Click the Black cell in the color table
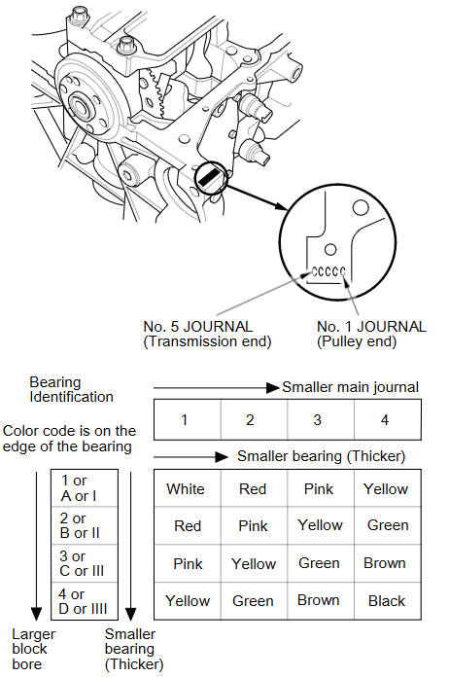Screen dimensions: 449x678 (387, 600)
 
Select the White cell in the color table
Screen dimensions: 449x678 (186, 489)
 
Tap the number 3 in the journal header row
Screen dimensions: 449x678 (317, 420)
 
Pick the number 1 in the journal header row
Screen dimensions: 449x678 (184, 420)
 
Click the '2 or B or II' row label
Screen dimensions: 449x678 (80, 525)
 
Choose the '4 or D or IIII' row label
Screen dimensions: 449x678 (83, 601)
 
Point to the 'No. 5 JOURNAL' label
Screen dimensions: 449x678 (198, 327)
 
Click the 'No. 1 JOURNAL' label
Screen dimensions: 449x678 (371, 327)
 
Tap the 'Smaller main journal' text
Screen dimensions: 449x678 (351, 387)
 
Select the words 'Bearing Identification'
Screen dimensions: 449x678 (71, 389)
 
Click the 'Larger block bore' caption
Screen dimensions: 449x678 (33, 649)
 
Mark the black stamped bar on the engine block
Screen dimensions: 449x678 (210, 177)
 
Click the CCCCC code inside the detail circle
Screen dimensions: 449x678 (328, 271)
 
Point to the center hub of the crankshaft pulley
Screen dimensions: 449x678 (81, 106)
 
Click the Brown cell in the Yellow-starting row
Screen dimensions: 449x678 (319, 600)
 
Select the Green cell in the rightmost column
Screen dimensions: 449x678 (388, 525)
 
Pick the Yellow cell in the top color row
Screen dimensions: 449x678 (386, 489)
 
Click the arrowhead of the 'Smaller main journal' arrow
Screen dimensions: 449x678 (273, 387)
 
